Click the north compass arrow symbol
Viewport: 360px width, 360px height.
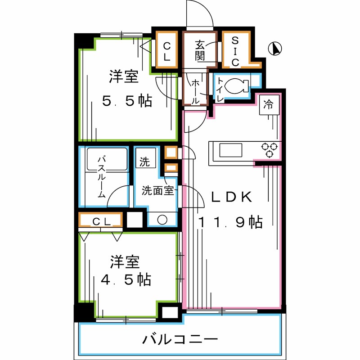click(x=275, y=49)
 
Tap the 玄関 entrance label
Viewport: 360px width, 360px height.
click(x=200, y=50)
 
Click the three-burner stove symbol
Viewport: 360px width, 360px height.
click(x=269, y=149)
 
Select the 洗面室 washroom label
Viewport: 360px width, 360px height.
click(x=157, y=190)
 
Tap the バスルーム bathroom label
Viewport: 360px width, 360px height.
click(x=102, y=177)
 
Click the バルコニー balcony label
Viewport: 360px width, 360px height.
click(x=180, y=339)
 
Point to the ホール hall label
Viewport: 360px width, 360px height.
click(x=196, y=92)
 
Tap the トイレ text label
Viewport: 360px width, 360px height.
click(x=220, y=86)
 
